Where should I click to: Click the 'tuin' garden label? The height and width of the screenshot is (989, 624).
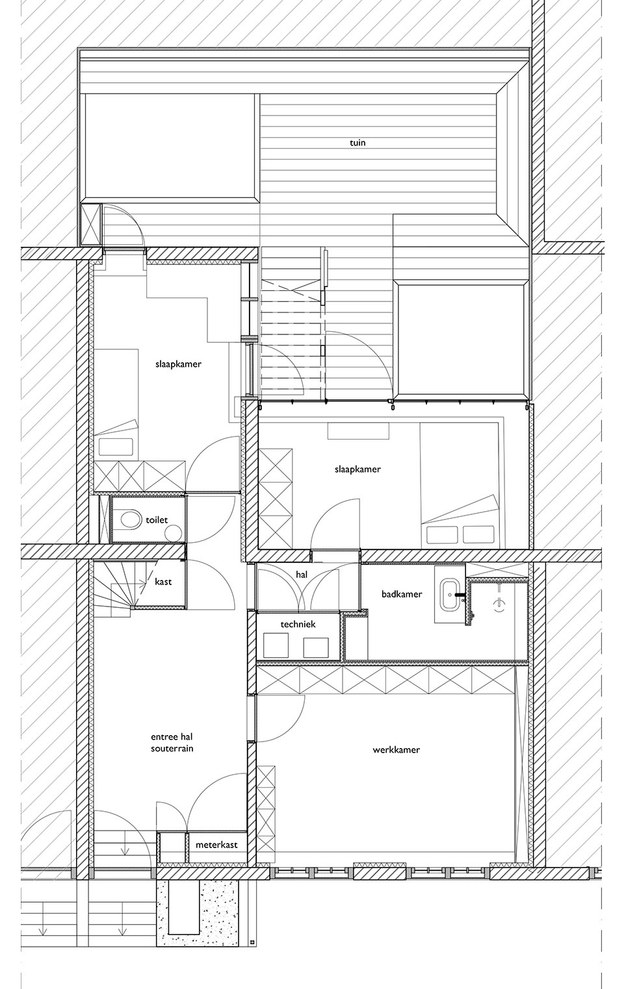point(357,143)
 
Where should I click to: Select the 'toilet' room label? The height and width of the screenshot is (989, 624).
point(157,520)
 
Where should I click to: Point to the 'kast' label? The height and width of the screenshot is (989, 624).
point(163,581)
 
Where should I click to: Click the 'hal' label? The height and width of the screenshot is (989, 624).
point(302,575)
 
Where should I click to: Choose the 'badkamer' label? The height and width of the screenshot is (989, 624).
point(402,594)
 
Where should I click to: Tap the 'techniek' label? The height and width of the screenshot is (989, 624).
point(298,624)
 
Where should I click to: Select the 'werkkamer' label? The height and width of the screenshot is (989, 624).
point(396,749)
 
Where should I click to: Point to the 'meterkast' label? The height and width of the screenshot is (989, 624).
point(216,845)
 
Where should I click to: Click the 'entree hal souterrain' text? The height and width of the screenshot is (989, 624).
point(172,743)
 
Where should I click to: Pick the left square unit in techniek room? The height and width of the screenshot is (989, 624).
point(276,645)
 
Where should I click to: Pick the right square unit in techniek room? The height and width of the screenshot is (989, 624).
point(316,647)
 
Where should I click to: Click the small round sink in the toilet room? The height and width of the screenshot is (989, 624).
point(174,533)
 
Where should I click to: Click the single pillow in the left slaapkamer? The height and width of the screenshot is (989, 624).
point(115,447)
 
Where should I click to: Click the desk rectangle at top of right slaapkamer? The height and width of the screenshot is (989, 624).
point(358,431)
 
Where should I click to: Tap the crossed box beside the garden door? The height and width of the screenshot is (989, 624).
point(91,224)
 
